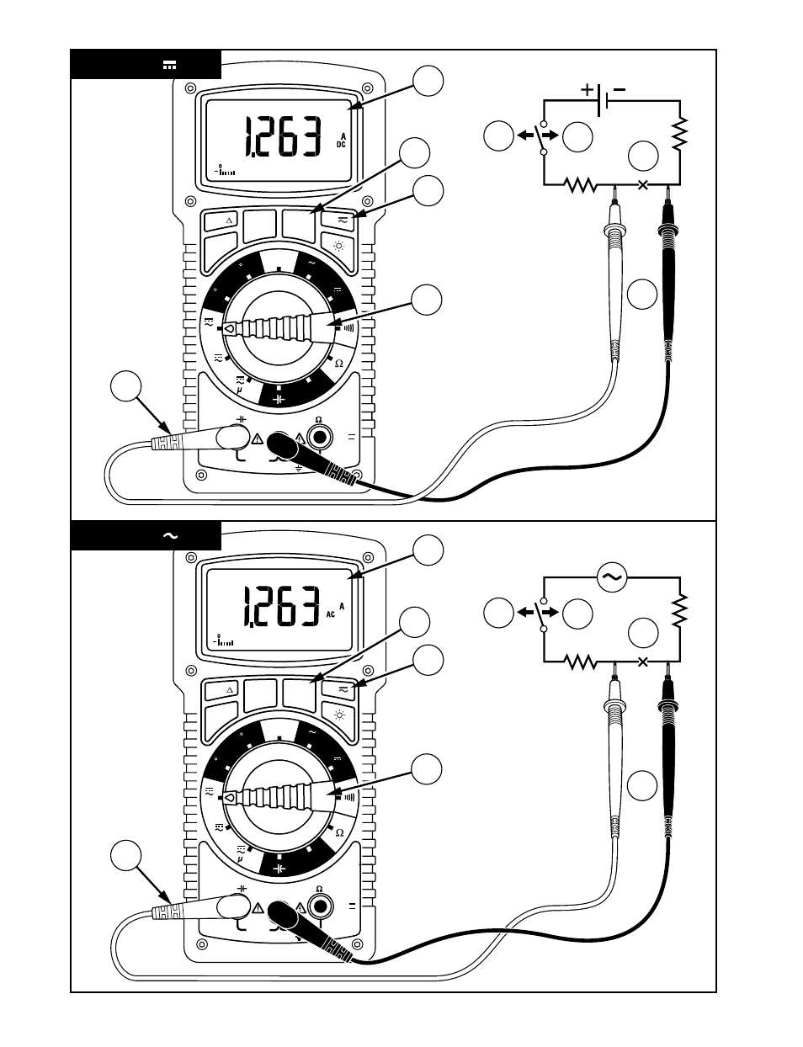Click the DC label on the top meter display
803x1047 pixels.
(341, 145)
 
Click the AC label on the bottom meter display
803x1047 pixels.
(331, 614)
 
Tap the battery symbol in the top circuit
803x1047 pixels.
(602, 100)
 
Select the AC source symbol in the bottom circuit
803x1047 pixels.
(612, 577)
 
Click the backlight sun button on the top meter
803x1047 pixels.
(339, 247)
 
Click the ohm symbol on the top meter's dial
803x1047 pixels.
(339, 364)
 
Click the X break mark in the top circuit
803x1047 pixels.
(642, 184)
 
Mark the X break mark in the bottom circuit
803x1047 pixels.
(642, 662)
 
